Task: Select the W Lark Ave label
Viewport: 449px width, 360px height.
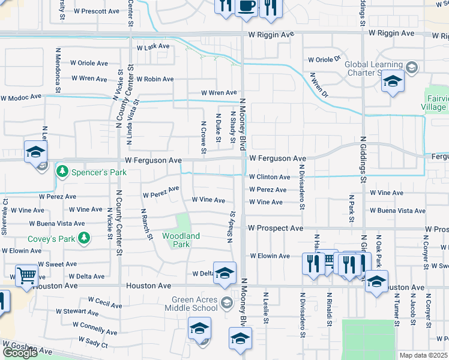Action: click(154, 47)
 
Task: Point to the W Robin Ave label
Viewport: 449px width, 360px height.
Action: click(155, 79)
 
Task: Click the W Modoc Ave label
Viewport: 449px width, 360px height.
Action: click(21, 97)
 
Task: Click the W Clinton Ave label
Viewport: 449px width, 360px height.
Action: click(270, 177)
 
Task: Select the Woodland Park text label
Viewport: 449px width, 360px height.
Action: click(181, 241)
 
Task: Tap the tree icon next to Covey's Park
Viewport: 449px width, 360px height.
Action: click(84, 239)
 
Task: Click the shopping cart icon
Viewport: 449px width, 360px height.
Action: click(26, 277)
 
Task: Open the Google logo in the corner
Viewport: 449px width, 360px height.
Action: click(20, 353)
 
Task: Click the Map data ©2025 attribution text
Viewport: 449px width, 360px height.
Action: click(424, 355)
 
